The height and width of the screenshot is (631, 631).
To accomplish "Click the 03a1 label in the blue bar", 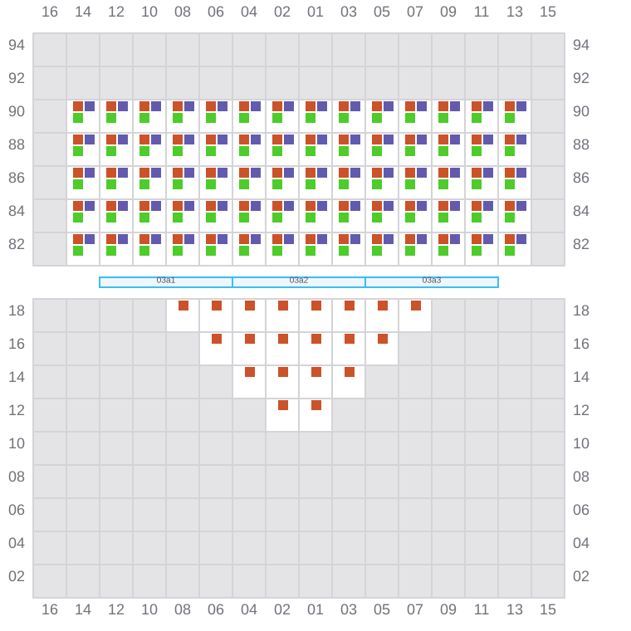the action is [x=166, y=280].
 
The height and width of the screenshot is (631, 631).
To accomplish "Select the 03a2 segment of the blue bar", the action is [x=299, y=282].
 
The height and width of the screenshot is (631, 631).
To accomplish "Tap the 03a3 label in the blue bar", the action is [x=432, y=280].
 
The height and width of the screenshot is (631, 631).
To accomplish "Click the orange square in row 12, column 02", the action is [x=283, y=405].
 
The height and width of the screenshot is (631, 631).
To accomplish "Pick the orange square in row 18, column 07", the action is [x=416, y=306].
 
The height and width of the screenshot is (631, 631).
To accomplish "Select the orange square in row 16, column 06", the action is [x=217, y=339].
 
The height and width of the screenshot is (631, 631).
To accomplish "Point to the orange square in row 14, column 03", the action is [x=350, y=372].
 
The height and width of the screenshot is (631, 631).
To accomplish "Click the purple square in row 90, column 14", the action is [x=90, y=106].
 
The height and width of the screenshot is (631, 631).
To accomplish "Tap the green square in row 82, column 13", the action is [x=510, y=251].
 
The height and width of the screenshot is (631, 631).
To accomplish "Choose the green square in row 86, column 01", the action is [x=311, y=184].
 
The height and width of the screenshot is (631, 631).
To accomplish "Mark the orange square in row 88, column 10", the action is [x=144, y=139].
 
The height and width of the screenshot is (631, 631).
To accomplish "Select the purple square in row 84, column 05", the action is [x=389, y=206].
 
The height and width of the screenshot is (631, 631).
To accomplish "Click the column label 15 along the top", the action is [x=548, y=12].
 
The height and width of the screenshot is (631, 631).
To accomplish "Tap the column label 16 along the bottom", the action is [x=50, y=609].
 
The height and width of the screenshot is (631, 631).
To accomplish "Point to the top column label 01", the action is [x=315, y=12].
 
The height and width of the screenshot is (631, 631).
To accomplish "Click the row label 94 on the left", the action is [x=17, y=45].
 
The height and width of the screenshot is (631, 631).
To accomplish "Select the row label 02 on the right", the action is [x=581, y=576].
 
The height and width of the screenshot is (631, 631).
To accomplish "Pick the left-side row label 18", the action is [x=17, y=311].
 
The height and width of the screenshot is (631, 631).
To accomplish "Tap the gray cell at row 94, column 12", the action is [x=116, y=50].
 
